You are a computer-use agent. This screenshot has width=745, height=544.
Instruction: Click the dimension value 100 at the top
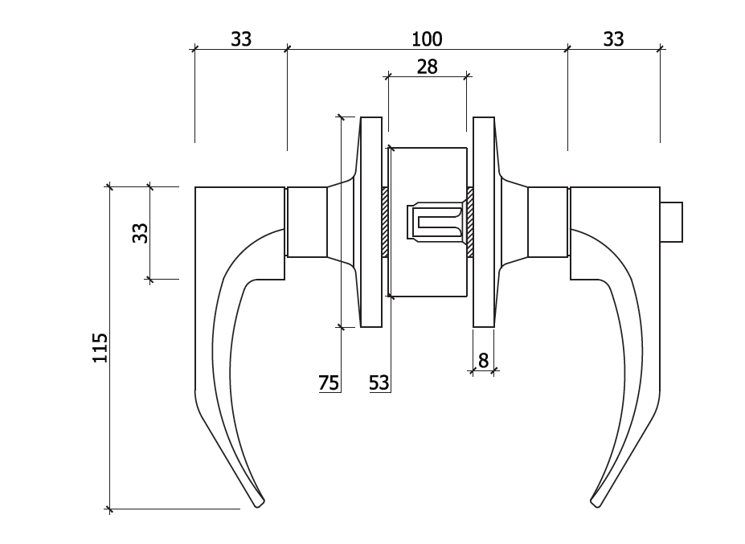coord(427,39)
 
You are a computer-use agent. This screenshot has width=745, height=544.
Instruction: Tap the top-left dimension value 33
coord(241,39)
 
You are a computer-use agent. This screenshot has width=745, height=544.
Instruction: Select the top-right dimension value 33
coord(613,39)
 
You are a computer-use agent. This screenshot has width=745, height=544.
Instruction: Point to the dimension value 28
coord(427,67)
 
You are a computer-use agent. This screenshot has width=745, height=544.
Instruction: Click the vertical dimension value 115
coord(100,348)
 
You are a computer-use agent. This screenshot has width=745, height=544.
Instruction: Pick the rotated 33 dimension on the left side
coord(140,233)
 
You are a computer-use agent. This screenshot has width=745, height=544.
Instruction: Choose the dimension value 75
coord(329,382)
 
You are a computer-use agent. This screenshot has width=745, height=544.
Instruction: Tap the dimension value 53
coord(379,382)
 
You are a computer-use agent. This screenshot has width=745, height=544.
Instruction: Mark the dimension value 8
coord(483,361)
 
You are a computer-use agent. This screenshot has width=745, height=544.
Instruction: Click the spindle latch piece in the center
coord(435,222)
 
